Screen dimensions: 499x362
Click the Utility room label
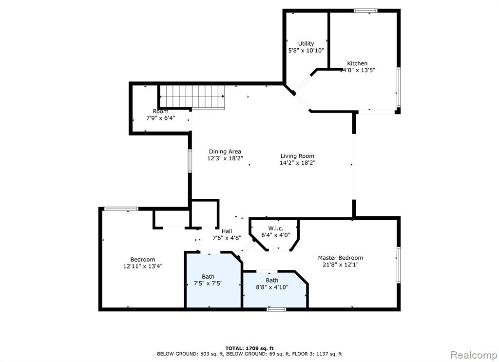[306, 43]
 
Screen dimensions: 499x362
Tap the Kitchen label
[357, 63]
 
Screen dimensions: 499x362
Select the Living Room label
[297, 156]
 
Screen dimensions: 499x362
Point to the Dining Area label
[225, 152]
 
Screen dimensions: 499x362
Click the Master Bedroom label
[341, 258]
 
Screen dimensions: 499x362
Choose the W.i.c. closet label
[276, 229]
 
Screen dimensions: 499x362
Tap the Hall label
[227, 231]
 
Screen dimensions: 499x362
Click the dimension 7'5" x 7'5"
[208, 283]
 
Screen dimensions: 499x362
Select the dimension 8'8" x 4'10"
[272, 287]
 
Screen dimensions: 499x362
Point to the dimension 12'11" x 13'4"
[143, 266]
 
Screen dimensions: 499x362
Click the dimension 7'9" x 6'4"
[161, 118]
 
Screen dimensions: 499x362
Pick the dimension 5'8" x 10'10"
[306, 50]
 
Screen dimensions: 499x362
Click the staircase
[192, 96]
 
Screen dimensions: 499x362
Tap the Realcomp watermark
[474, 355]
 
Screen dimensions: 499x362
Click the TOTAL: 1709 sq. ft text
[249, 348]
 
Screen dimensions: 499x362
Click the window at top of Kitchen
[365, 11]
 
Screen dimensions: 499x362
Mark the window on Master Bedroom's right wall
[399, 265]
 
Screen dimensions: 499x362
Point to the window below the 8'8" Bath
[276, 309]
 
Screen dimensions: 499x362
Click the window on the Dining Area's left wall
[190, 161]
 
